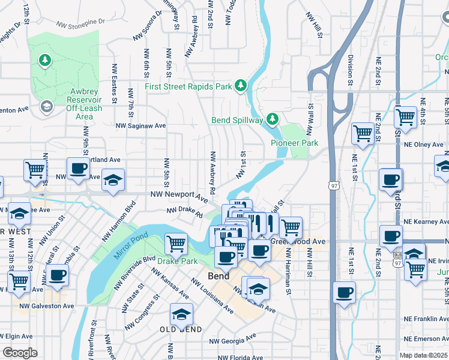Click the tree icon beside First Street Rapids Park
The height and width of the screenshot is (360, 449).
click(x=241, y=86)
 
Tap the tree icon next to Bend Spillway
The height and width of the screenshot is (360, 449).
click(x=272, y=119)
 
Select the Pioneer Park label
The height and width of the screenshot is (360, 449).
click(x=294, y=143)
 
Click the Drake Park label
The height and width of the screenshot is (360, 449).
click(x=177, y=261)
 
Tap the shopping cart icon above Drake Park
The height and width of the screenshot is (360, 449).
click(x=176, y=243)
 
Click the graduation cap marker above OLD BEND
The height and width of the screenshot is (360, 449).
click(x=181, y=314)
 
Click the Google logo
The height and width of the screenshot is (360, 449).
click(x=19, y=352)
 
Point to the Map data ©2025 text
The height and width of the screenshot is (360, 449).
click(x=424, y=355)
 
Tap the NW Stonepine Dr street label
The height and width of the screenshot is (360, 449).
click(x=80, y=23)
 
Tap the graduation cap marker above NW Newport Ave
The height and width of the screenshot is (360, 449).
click(x=113, y=180)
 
